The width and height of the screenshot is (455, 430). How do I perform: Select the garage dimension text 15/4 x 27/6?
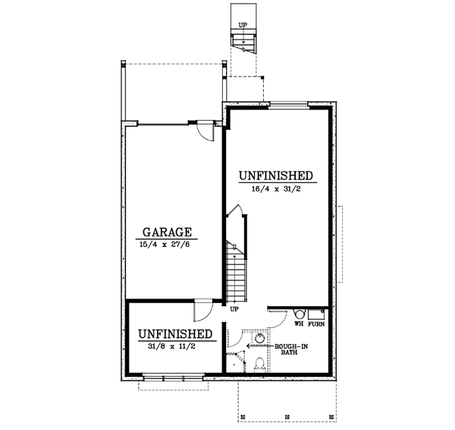click(169, 245)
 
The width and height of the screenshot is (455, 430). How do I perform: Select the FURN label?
click(316, 324)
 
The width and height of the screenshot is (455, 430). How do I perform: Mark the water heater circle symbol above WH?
click(299, 312)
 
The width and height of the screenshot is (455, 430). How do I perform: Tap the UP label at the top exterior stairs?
click(243, 25)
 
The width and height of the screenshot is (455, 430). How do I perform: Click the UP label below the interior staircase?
click(234, 309)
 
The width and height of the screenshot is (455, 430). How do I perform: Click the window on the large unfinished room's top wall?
click(287, 105)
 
